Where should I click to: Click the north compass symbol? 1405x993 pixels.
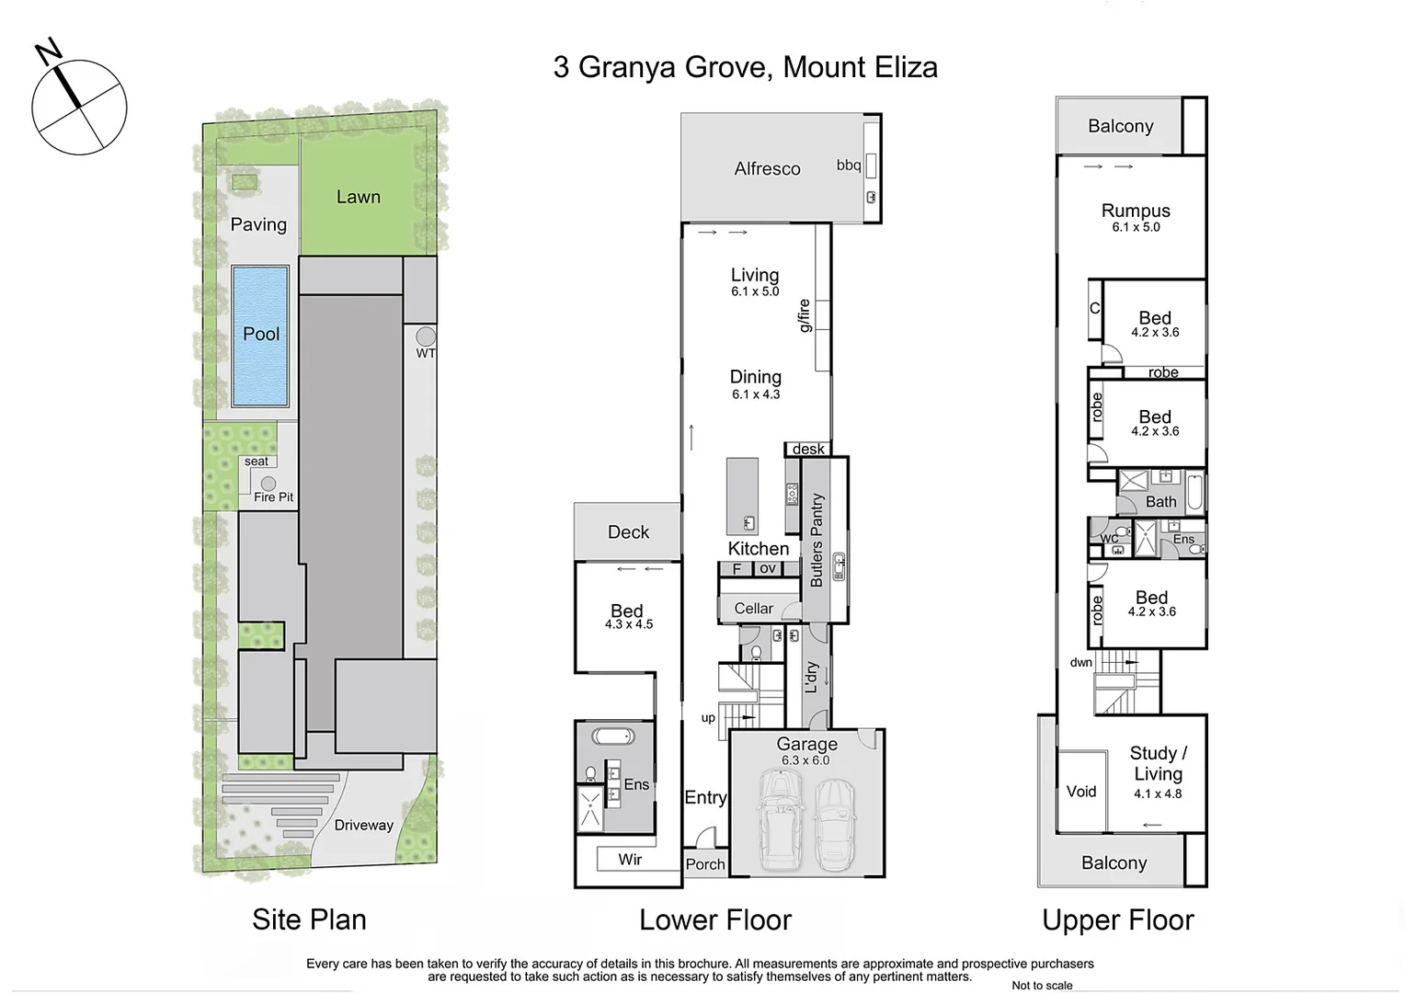[79, 107]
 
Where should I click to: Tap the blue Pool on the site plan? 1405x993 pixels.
[260, 336]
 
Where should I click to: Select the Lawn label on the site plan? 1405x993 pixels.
[358, 197]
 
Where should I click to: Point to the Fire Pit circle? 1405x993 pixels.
[268, 484]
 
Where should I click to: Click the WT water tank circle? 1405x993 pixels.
[425, 337]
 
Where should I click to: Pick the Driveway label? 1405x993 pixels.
[363, 825]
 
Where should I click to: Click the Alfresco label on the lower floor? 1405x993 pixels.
[767, 168]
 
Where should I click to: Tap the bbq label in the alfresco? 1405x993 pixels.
[848, 165]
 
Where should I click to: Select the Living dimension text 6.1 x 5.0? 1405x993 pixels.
[755, 291]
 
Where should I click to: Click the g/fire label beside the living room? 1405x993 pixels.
[804, 315]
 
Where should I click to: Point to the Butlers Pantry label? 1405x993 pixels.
[817, 541]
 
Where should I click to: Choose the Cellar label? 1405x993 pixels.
[753, 609]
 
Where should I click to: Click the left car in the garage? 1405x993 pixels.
[779, 813]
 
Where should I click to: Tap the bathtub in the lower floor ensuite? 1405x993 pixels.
[611, 736]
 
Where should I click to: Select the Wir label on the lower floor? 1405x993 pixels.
[630, 859]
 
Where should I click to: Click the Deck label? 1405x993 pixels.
[628, 532]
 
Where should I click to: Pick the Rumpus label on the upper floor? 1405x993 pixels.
[1136, 211]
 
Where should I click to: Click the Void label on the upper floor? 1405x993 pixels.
[1081, 792]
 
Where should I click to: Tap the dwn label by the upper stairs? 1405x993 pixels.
[1080, 662]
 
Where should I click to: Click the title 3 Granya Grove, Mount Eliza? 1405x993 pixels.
[745, 67]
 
